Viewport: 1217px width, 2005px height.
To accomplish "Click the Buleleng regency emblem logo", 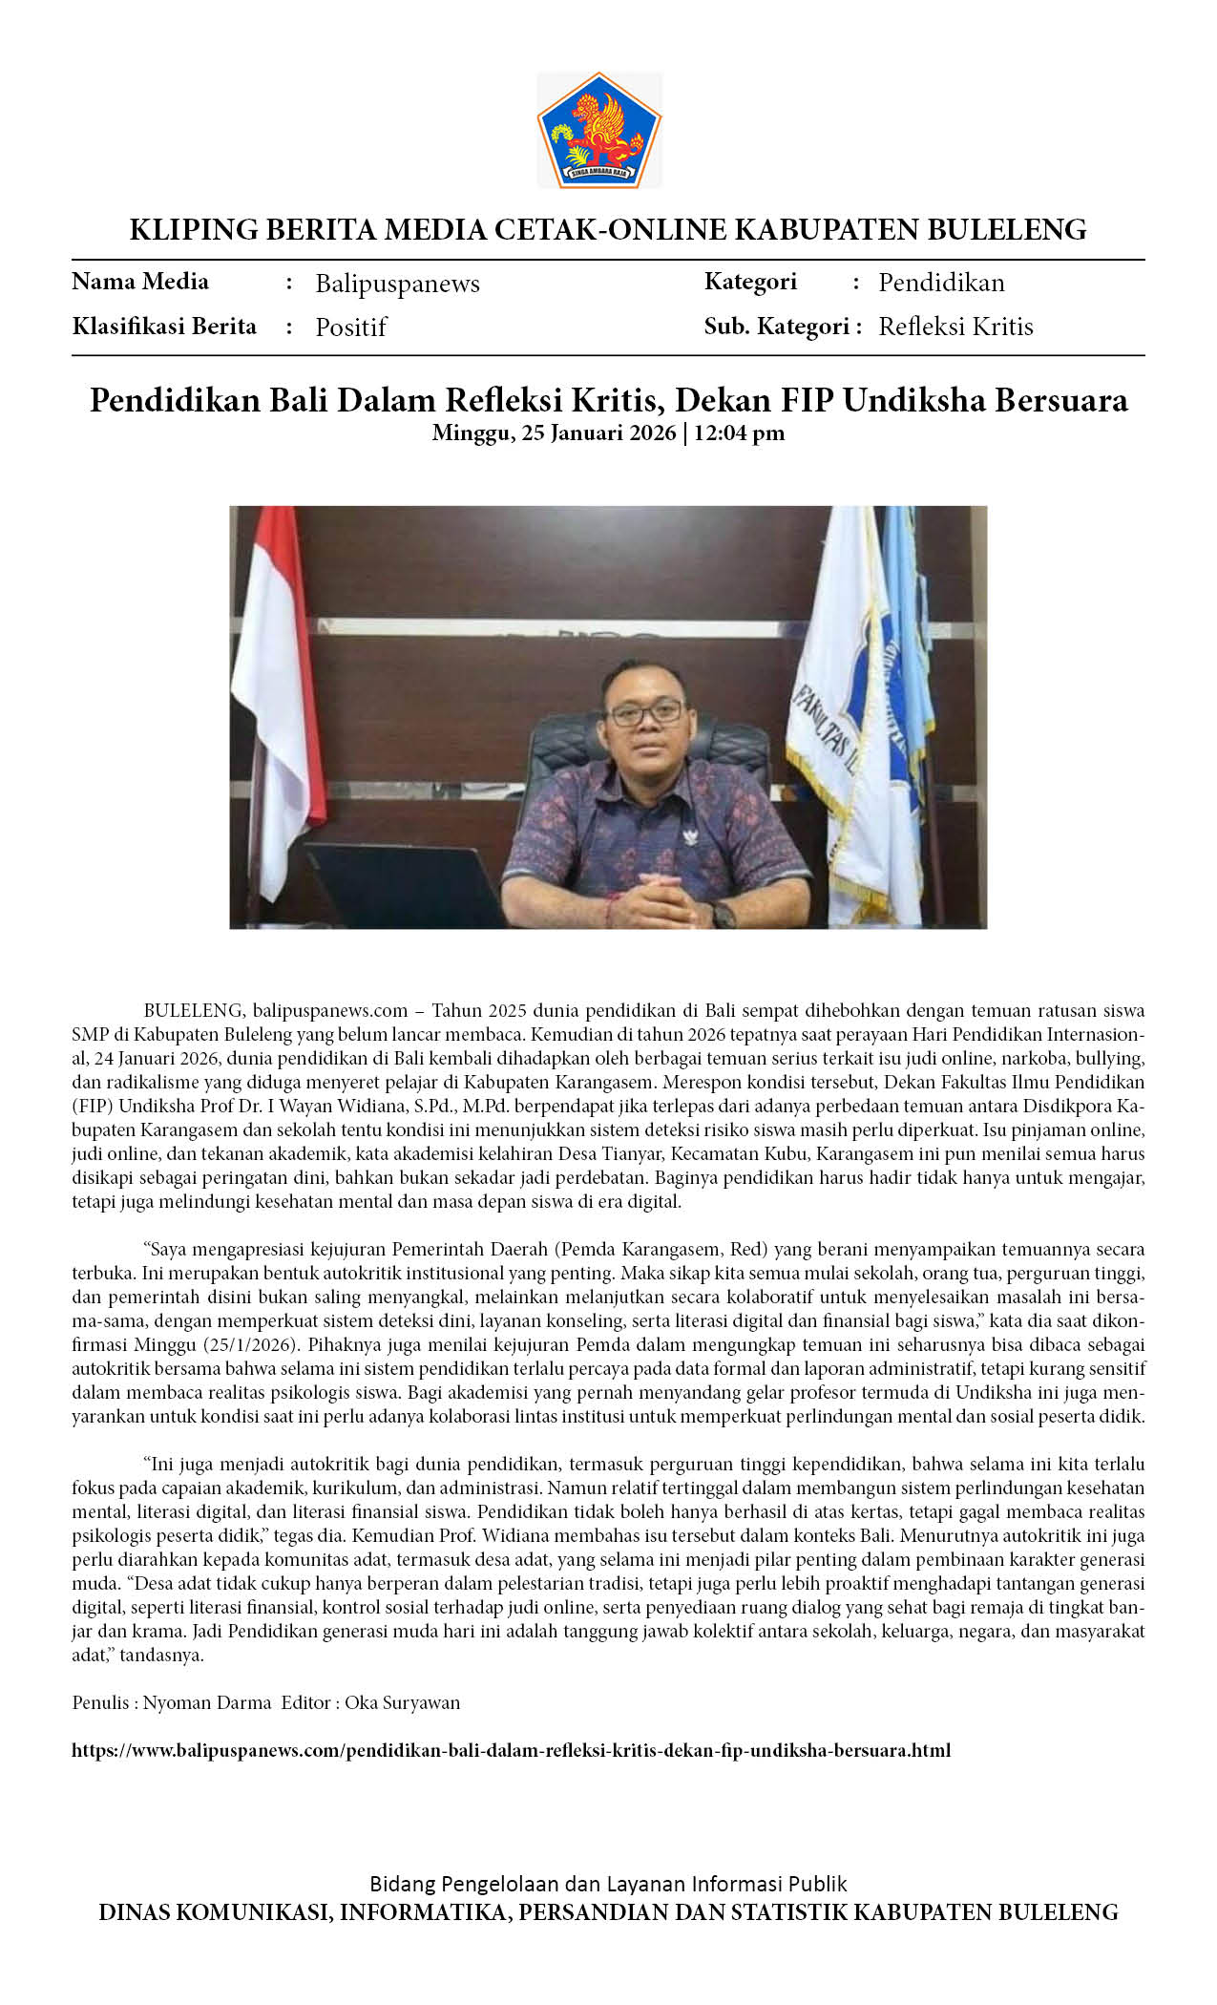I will click(x=598, y=130).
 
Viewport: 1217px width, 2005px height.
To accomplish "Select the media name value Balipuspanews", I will click(x=397, y=284).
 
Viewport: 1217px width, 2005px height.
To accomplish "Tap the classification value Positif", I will click(x=350, y=327).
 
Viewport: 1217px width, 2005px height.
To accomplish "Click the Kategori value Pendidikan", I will click(x=941, y=283).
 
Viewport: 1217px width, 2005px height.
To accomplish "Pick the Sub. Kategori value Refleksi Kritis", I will click(x=955, y=327).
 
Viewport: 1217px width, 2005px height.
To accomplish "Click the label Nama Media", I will click(x=140, y=282).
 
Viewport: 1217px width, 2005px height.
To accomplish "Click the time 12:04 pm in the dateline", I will click(x=739, y=433).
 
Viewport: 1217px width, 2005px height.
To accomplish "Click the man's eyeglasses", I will click(x=647, y=711).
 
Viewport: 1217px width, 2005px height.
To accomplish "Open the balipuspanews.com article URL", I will click(x=511, y=1750).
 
